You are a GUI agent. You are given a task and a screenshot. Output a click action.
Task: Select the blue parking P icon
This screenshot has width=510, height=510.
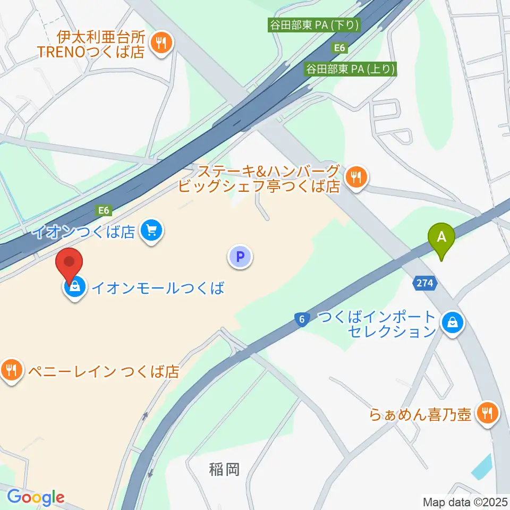(x=240, y=258)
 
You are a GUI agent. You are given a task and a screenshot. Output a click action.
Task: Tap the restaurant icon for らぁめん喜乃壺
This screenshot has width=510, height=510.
(x=486, y=413)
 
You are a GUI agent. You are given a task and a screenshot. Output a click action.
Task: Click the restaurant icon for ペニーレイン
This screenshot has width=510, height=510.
(x=12, y=370)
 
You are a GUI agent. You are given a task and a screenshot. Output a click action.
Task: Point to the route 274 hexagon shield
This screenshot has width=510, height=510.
(x=425, y=284)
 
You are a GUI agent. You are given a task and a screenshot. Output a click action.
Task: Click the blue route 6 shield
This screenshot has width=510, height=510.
(x=301, y=319)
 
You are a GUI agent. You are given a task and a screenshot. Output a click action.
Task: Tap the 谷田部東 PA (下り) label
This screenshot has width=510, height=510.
(x=314, y=24)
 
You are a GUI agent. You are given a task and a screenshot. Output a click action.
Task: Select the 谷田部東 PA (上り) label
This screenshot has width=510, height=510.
(x=351, y=69)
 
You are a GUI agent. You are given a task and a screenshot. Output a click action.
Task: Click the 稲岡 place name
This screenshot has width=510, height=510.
(x=224, y=469)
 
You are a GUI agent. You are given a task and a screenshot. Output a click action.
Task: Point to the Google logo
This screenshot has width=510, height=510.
(x=36, y=497)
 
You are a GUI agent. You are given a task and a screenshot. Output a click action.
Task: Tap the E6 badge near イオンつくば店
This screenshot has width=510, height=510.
(x=104, y=210)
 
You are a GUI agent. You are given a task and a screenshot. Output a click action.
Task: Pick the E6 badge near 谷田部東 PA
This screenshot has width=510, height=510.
(x=340, y=48)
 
